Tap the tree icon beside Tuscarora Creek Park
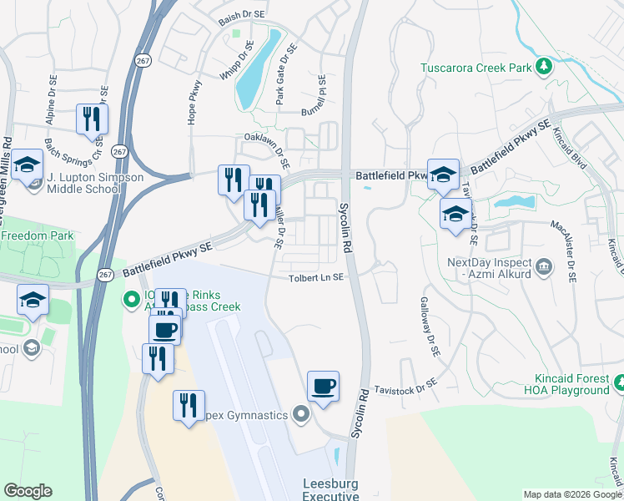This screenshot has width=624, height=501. [x=543, y=65]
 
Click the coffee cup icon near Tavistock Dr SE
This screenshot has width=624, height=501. [x=323, y=386]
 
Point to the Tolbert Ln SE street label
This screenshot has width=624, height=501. [x=316, y=279]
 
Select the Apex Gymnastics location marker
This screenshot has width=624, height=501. [x=302, y=414]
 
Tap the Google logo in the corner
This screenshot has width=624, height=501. [x=28, y=491]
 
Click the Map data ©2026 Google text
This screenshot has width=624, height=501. [x=571, y=494]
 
